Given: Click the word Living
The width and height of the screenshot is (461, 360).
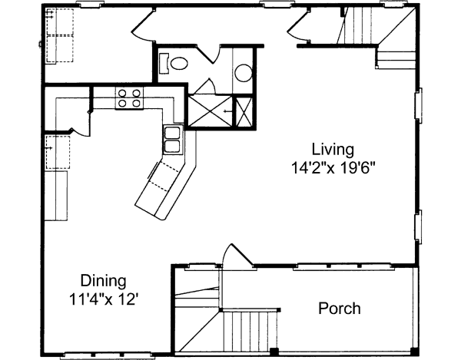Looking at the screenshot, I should click(332, 148).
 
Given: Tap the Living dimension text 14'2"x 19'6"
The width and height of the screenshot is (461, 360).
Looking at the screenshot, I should click(332, 164).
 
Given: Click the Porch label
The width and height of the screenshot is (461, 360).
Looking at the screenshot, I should click(339, 309).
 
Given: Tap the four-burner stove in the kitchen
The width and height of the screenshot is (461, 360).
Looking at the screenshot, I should click(129, 97).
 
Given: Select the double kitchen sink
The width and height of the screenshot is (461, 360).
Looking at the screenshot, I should click(173, 141).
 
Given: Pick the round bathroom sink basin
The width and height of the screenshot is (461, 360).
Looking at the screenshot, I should click(243, 74).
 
